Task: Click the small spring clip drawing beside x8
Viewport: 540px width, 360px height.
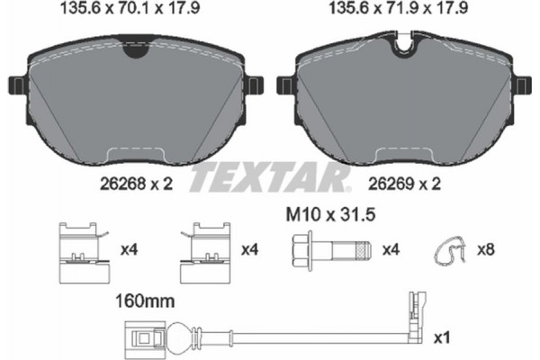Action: pos(447,251)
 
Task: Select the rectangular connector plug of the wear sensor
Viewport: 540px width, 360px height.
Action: pos(141,340)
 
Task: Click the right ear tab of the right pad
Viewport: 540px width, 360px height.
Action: pos(524,85)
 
